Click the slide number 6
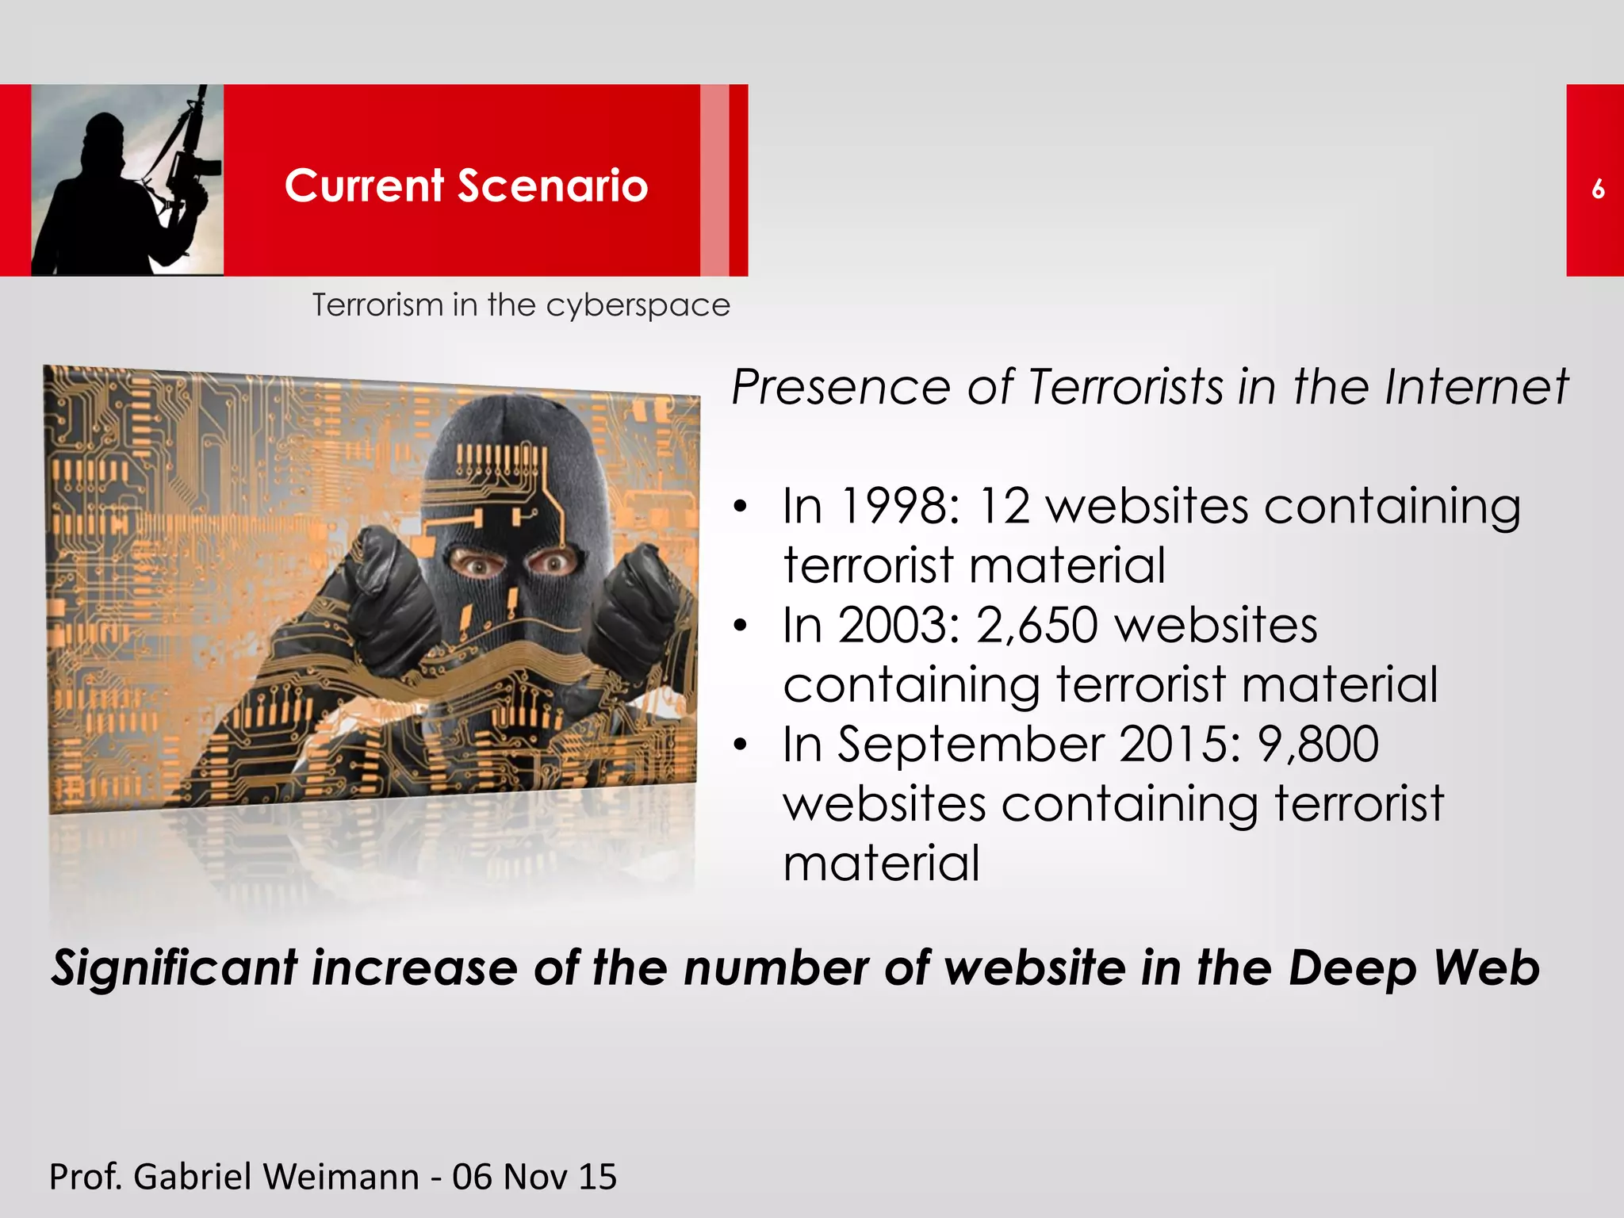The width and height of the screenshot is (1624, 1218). (x=1598, y=189)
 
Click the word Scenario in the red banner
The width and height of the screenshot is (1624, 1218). (x=553, y=186)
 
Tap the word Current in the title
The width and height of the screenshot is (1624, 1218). (x=364, y=186)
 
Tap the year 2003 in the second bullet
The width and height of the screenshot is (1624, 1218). (x=899, y=625)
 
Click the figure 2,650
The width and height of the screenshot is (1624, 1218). (x=1037, y=625)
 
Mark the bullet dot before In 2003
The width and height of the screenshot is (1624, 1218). (x=741, y=626)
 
